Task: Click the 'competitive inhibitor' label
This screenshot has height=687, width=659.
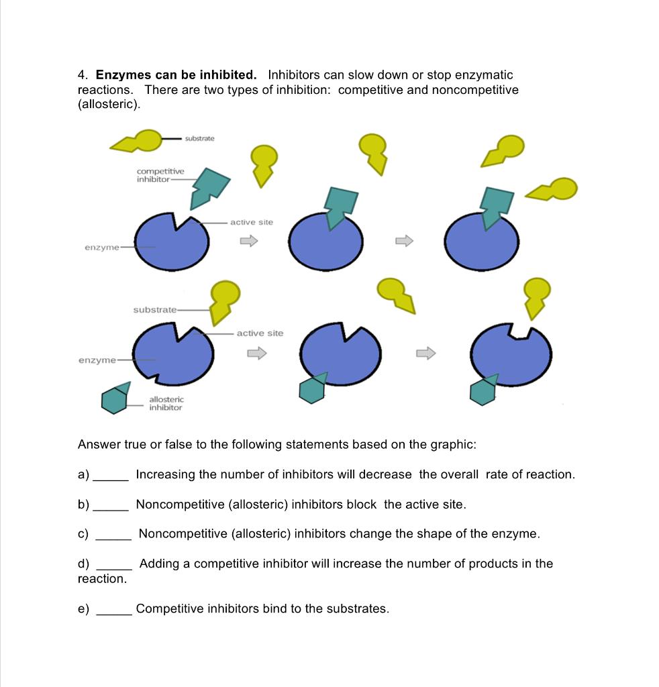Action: (x=160, y=176)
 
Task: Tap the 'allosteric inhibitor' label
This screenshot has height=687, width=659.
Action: (x=165, y=403)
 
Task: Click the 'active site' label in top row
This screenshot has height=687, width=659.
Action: (x=252, y=222)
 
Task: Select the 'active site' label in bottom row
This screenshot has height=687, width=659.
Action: (x=260, y=333)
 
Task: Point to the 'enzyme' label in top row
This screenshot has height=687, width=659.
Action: (x=101, y=248)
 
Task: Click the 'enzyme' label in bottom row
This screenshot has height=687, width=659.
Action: (x=97, y=360)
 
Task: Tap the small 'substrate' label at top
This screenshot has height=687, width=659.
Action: (x=199, y=138)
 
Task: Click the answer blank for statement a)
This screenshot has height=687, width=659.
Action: (x=110, y=478)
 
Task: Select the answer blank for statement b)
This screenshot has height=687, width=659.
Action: (x=110, y=508)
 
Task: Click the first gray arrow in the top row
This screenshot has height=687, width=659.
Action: (x=249, y=240)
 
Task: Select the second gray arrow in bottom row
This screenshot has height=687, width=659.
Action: (x=426, y=353)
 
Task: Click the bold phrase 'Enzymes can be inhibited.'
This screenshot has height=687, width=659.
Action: (x=176, y=74)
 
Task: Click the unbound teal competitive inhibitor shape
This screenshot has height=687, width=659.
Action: (x=208, y=187)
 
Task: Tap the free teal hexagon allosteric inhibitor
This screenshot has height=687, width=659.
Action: (x=115, y=399)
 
